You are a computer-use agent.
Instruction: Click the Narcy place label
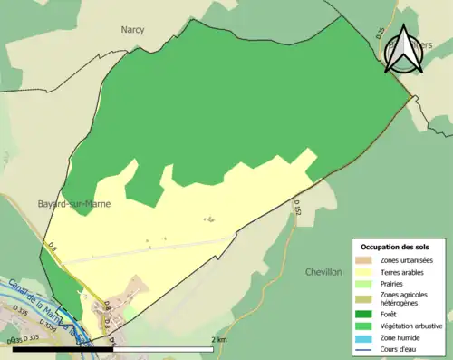133,29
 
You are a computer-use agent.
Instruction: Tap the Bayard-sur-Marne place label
74,204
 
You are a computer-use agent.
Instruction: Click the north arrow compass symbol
403,51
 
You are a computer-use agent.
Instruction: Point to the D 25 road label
381,34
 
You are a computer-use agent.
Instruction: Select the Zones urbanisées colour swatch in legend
365,260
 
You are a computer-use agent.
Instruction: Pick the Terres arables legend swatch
365,271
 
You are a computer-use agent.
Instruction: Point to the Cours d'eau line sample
365,347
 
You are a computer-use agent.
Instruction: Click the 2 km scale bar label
218,339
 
